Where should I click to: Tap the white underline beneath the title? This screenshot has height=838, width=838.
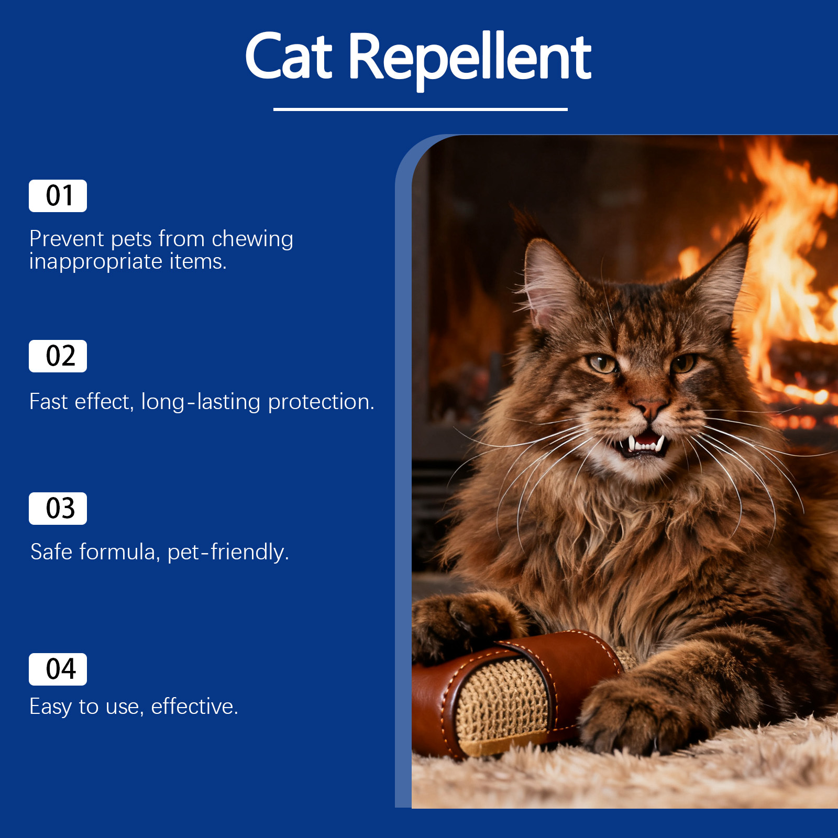pos(420,109)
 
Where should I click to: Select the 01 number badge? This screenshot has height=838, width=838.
pos(58,196)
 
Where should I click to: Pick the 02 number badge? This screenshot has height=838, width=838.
pos(58,356)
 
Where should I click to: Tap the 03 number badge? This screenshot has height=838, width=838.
pos(58,509)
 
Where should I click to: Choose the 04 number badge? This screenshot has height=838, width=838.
pos(58,669)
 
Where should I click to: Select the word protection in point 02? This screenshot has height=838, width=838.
pos(321,402)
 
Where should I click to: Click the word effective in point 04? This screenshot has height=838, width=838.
pos(194,707)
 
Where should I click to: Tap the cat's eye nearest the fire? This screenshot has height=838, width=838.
pos(683,362)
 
